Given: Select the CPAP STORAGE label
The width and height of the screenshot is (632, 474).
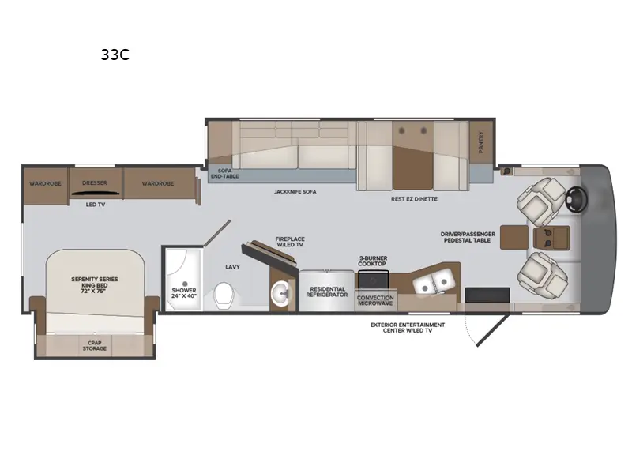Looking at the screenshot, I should pos(95,345).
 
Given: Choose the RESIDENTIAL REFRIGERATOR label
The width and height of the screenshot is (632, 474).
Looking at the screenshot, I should pos(326,292).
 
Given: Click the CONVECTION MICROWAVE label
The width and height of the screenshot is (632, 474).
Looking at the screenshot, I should pos(375,301).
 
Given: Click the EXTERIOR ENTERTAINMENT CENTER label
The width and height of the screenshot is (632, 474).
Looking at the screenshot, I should pos(408,328).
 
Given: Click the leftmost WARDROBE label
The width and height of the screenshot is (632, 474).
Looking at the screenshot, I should pos(45,183).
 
